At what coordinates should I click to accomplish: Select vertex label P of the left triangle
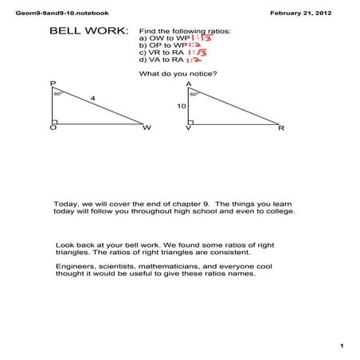(x=53, y=84)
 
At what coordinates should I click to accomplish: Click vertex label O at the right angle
(x=52, y=128)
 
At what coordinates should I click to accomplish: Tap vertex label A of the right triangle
(x=189, y=84)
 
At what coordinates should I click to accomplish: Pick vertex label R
(x=280, y=127)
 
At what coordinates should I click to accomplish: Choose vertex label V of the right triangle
(x=188, y=128)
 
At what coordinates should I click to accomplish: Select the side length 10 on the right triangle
(x=182, y=105)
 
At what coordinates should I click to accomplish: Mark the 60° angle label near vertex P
(x=58, y=93)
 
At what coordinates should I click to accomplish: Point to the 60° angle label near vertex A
(x=194, y=93)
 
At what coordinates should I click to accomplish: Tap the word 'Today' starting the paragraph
(x=65, y=203)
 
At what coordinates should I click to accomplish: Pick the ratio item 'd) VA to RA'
(x=160, y=59)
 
